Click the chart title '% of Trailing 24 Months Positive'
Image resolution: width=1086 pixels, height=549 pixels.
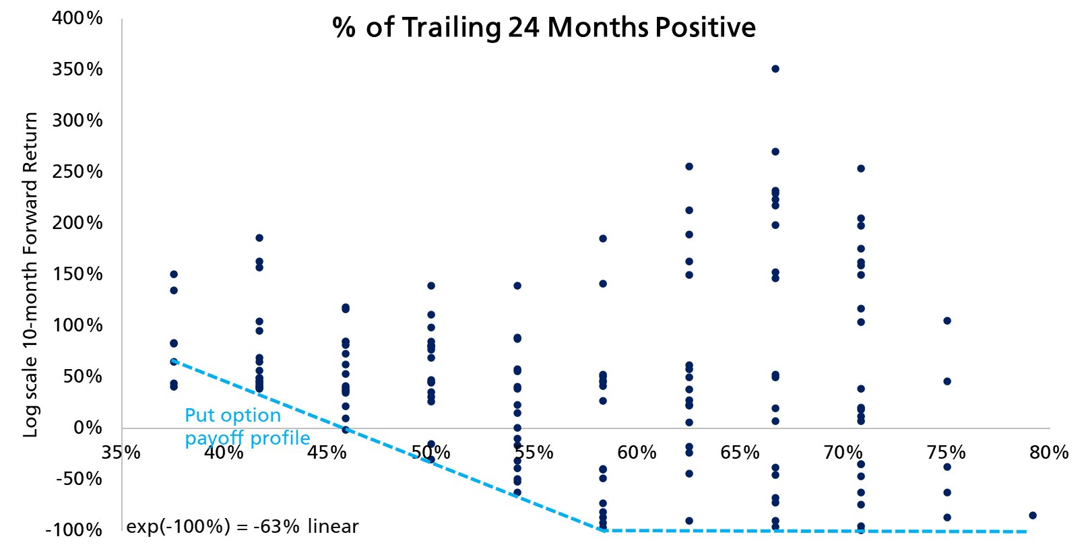544,28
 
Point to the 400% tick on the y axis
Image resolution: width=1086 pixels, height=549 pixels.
77,18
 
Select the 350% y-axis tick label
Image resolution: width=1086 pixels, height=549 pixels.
77,69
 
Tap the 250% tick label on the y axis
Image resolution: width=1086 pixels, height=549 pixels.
77,172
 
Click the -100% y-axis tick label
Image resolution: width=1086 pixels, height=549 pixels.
74,530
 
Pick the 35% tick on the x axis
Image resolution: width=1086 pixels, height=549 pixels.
121,452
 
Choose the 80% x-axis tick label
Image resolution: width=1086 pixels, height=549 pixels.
1049,452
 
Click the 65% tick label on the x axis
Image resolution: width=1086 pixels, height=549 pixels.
740,452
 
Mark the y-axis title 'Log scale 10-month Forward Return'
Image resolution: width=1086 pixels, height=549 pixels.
30,275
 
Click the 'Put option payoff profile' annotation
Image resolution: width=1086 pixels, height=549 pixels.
247,426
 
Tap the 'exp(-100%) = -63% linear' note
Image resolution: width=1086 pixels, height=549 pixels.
243,526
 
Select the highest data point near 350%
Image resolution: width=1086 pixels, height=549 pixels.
775,69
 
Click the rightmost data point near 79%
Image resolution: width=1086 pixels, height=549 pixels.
1033,515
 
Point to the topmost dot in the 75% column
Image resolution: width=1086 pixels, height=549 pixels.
947,321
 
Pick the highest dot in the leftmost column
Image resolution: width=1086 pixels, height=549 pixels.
174,274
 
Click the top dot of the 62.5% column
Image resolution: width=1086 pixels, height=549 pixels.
689,166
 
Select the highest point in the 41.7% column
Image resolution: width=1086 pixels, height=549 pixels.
259,238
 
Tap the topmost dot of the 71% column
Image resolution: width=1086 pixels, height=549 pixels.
861,168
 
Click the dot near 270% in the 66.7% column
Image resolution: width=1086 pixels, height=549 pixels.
775,152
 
